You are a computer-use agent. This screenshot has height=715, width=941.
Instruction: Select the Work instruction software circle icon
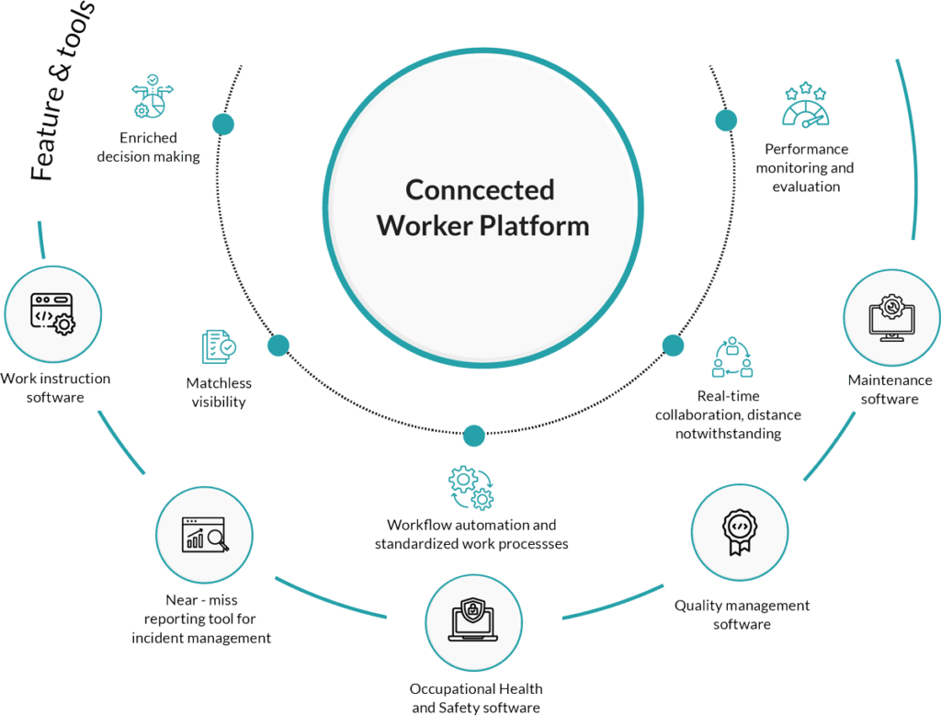coord(51,313)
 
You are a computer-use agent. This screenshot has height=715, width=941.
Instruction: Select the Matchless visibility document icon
coord(218,347)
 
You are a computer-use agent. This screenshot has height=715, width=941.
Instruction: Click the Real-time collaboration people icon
coord(731,357)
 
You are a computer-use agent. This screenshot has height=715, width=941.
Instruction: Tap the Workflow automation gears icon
coord(470,487)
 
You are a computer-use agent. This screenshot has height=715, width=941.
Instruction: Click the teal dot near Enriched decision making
coord(222,123)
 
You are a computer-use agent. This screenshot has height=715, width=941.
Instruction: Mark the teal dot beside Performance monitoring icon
coord(726,119)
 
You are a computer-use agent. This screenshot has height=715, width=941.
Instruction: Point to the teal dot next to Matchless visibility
coord(278,346)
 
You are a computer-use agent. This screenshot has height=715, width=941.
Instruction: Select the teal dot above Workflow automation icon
coord(474,435)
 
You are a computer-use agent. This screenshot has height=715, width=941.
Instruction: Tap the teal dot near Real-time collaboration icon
coord(674,346)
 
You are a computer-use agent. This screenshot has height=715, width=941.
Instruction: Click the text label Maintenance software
coord(889,390)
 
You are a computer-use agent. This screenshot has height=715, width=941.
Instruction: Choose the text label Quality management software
coord(742,615)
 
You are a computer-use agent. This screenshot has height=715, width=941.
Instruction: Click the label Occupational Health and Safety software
coord(476,698)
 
